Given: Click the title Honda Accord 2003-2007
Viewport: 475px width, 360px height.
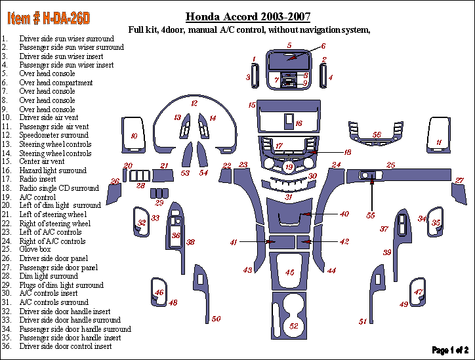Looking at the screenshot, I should pyautogui.click(x=248, y=17).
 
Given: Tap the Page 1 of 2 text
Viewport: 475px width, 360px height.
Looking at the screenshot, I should pyautogui.click(x=450, y=351).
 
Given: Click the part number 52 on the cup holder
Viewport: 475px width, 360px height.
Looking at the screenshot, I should pyautogui.click(x=294, y=326).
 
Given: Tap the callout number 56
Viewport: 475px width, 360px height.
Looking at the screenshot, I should pyautogui.click(x=377, y=135).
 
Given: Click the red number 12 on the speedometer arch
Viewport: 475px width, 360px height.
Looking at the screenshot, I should pyautogui.click(x=194, y=104).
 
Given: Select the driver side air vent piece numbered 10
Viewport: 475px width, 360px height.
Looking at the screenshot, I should pyautogui.click(x=134, y=136).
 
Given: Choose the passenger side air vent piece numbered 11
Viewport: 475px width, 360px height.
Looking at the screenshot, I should pyautogui.click(x=438, y=142).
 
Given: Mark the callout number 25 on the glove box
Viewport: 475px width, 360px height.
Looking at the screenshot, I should pyautogui.click(x=390, y=165).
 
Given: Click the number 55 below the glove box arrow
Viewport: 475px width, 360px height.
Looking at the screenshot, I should pyautogui.click(x=371, y=215).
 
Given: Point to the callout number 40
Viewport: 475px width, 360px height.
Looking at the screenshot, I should pyautogui.click(x=344, y=214).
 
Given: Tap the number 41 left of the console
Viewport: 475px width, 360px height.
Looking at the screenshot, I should pyautogui.click(x=234, y=243).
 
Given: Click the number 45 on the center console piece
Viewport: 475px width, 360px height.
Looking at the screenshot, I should pyautogui.click(x=289, y=271).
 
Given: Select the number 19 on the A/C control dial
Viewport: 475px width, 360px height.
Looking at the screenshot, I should pyautogui.click(x=289, y=168).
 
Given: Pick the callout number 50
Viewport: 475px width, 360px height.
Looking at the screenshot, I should pyautogui.click(x=216, y=319).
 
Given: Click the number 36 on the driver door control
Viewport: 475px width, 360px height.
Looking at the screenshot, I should pyautogui.click(x=176, y=235).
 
